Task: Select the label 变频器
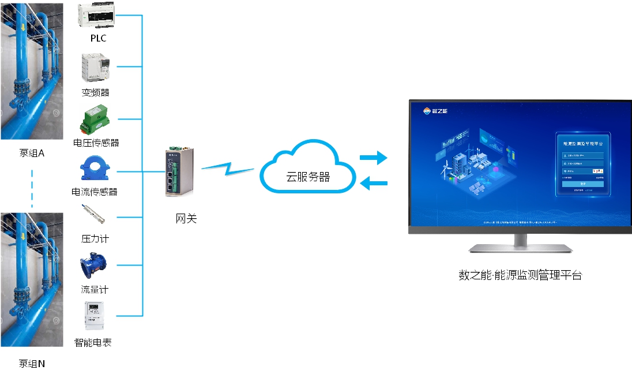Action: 96,92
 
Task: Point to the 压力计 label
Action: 95,238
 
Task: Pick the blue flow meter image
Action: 93,266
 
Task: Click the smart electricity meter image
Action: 95,316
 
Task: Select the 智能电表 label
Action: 93,342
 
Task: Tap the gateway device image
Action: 178,171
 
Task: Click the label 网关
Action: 186,219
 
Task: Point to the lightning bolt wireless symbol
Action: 227,169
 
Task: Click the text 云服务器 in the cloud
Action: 308,177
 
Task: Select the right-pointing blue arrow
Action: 373,157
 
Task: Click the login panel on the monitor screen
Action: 583,165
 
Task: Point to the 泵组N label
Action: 32,363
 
